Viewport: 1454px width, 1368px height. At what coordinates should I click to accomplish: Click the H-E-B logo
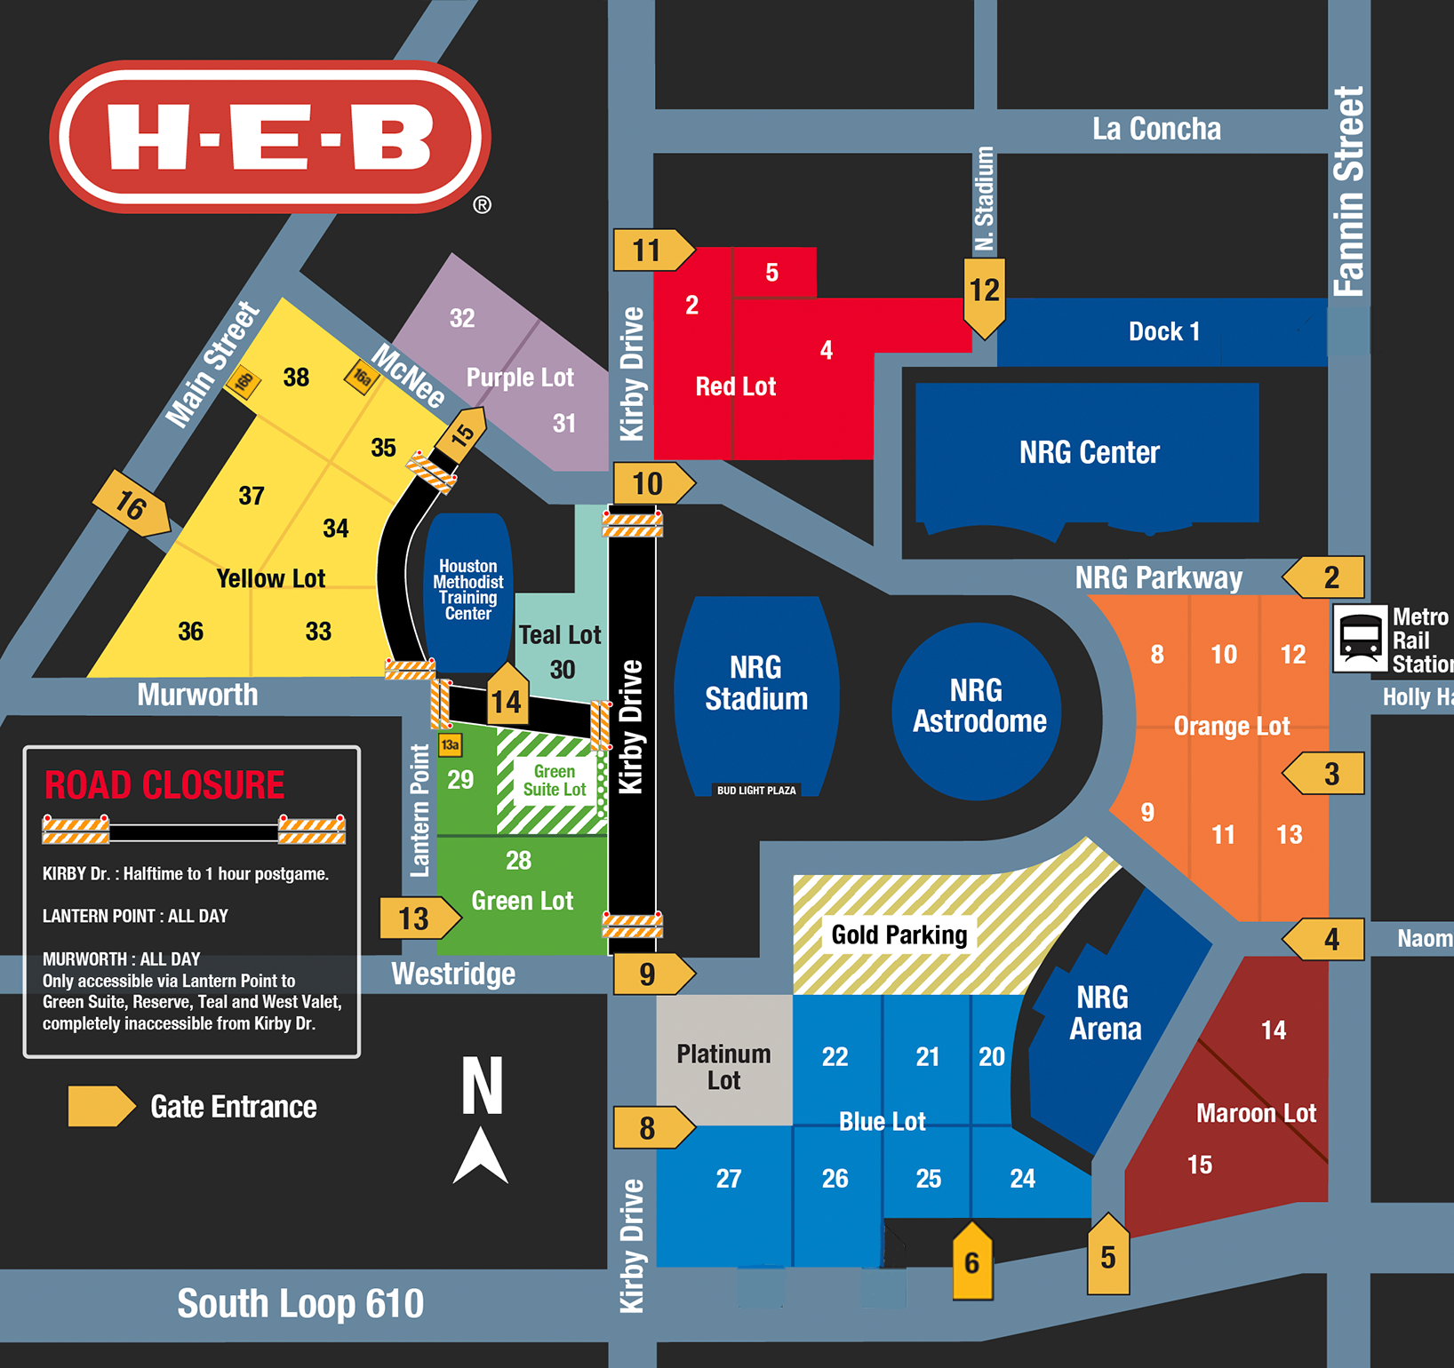point(270,137)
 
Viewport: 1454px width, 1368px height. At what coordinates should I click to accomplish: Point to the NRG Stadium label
point(756,683)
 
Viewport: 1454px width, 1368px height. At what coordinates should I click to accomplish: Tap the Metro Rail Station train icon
point(1360,638)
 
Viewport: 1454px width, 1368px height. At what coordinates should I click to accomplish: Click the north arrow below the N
point(481,1156)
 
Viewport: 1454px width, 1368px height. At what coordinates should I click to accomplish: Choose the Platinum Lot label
point(723,1067)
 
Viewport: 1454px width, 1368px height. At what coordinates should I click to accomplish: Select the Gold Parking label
point(899,935)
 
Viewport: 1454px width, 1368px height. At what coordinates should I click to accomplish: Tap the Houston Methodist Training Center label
point(468,590)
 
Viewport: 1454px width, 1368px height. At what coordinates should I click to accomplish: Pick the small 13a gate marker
point(451,744)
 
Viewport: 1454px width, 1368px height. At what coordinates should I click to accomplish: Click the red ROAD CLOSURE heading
point(164,785)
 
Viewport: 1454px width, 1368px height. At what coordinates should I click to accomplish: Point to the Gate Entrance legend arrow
point(100,1106)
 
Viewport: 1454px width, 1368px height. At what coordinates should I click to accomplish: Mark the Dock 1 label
point(1163,331)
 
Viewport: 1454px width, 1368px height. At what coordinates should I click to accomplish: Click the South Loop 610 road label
point(300,1303)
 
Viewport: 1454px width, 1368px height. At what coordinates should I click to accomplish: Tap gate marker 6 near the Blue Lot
point(972,1261)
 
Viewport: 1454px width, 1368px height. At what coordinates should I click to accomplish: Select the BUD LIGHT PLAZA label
point(756,790)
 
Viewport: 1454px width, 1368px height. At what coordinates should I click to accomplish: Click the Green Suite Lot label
point(555,781)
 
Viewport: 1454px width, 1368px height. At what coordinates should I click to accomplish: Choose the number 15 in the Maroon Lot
point(1200,1165)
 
